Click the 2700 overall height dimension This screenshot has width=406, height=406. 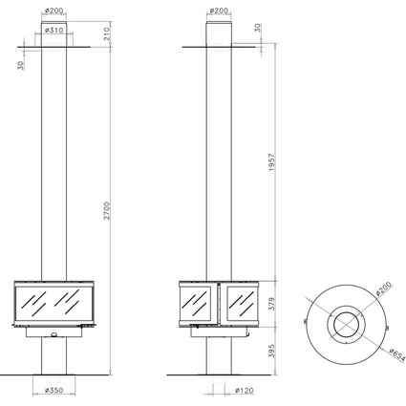tap(107, 210)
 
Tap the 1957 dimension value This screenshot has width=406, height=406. tap(271, 162)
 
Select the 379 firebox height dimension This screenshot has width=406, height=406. tap(271, 304)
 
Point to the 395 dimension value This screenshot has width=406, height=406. tap(271, 351)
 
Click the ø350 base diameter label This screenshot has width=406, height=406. tap(54, 390)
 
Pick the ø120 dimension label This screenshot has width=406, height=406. tap(245, 391)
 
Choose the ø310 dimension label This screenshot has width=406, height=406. tap(54, 31)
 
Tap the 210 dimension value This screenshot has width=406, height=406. tap(107, 33)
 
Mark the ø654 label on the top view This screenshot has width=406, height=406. tap(397, 354)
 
